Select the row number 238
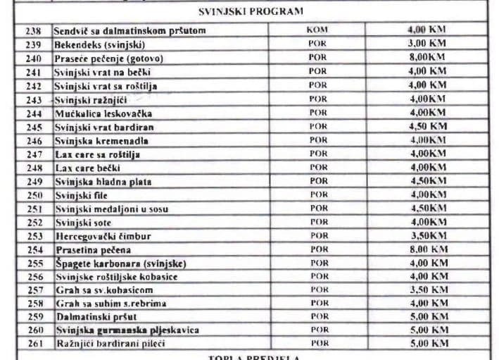(x=34, y=31)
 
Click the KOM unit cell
(x=317, y=30)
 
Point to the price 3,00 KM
(x=427, y=44)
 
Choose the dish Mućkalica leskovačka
(x=103, y=113)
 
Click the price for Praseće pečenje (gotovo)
(x=427, y=58)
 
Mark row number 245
(x=34, y=127)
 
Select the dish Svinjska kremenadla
(x=101, y=140)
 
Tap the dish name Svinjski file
(x=81, y=195)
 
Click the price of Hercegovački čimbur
(x=427, y=236)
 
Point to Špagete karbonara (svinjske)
(x=120, y=263)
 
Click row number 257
(x=34, y=290)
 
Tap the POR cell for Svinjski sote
(x=318, y=223)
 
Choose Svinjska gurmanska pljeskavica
(x=127, y=330)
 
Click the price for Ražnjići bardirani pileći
(x=427, y=344)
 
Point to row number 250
(x=34, y=195)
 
